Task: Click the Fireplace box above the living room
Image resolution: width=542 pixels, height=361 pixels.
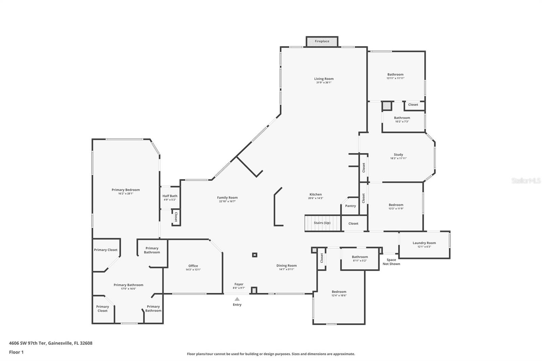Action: click(x=322, y=41)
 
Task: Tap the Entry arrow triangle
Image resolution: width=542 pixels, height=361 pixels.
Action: click(x=237, y=299)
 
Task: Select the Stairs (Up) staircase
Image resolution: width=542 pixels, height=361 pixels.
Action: click(x=322, y=223)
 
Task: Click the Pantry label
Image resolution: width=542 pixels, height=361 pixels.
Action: click(x=350, y=206)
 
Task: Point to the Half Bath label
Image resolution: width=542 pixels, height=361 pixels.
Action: click(x=170, y=196)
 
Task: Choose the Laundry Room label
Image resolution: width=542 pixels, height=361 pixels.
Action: click(x=424, y=243)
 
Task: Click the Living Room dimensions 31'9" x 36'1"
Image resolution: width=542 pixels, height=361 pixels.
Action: click(x=324, y=83)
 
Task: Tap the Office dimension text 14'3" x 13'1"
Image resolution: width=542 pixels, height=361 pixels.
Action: click(x=193, y=270)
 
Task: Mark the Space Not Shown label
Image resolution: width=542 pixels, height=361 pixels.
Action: click(x=391, y=262)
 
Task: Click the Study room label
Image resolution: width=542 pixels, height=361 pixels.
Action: click(x=398, y=155)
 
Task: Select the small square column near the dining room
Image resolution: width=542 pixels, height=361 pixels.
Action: click(x=254, y=255)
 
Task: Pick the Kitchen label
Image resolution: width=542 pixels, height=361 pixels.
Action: click(x=315, y=194)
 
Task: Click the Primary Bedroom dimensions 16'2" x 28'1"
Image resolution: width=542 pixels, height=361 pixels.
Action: click(x=126, y=194)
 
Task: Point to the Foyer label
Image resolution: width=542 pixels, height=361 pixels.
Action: click(x=239, y=284)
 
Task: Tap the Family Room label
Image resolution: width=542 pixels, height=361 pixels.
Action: click(x=227, y=198)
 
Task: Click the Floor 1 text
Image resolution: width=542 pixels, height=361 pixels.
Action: click(x=16, y=352)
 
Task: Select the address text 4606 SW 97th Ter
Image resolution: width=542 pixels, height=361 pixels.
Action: click(x=27, y=343)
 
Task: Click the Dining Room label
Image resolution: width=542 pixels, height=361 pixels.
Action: click(x=287, y=266)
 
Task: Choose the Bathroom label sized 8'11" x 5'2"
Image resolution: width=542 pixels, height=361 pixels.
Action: click(x=360, y=257)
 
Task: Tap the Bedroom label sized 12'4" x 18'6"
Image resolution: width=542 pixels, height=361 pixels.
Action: click(x=339, y=292)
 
